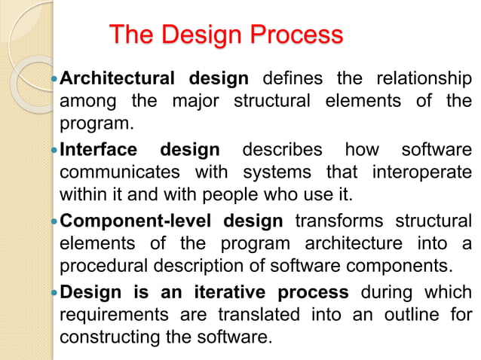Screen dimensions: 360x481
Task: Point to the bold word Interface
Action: pos(98,150)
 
